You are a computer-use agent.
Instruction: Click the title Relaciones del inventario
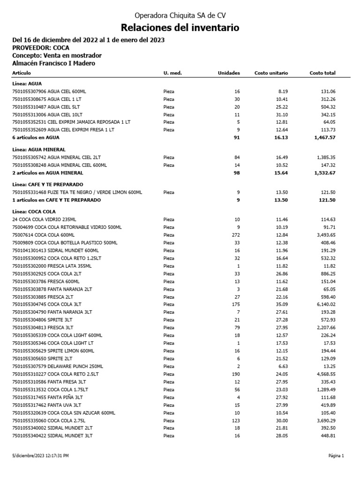(180, 28)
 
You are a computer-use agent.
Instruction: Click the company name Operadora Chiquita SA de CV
(180, 15)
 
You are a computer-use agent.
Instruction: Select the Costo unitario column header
(271, 73)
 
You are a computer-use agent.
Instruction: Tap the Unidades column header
(229, 73)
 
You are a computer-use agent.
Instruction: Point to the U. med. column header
(172, 73)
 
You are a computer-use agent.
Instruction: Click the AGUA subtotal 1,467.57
(322, 138)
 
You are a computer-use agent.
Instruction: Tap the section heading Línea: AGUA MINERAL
(39, 150)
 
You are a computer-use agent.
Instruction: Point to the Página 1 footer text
(336, 456)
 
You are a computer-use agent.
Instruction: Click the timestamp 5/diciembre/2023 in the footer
(40, 456)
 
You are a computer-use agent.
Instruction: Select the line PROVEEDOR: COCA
(41, 48)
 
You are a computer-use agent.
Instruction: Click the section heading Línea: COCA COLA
(31, 211)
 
